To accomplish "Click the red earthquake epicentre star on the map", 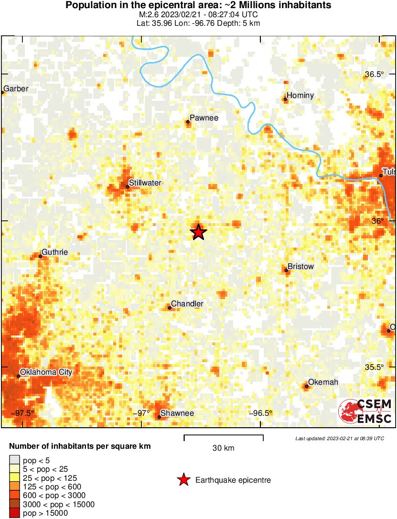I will click(x=198, y=232).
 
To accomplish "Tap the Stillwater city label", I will click(x=145, y=183).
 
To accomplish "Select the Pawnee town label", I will click(x=204, y=118).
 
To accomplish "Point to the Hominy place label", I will click(x=300, y=96).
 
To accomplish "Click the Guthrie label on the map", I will click(x=54, y=252).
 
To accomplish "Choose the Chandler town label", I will click(x=187, y=304).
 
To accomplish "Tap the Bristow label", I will click(x=300, y=267).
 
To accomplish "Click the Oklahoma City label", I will click(x=45, y=372).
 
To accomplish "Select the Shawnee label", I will click(x=177, y=413).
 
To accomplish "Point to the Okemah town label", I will click(x=323, y=382).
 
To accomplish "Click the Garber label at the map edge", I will click(x=16, y=89).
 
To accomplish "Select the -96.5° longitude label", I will click(x=261, y=413).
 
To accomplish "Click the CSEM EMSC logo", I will click(x=365, y=411).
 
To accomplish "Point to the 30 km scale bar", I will click(x=224, y=436).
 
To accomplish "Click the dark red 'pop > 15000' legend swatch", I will click(x=15, y=513).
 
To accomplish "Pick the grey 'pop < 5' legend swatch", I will click(x=15, y=461).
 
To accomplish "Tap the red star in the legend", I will click(x=183, y=480).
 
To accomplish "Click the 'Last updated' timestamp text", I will click(x=339, y=438).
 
